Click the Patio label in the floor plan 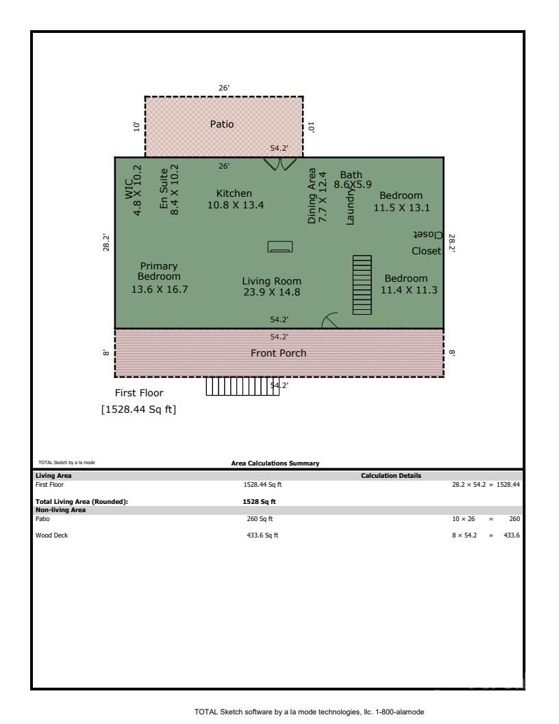click(221, 124)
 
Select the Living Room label click(271, 287)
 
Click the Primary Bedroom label click(159, 278)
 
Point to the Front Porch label click(278, 353)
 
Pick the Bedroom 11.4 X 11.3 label click(408, 284)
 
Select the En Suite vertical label click(169, 190)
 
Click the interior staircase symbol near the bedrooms click(362, 285)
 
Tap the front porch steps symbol click(243, 387)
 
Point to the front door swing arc click(330, 320)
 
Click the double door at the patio click(280, 165)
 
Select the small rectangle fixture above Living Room click(280, 247)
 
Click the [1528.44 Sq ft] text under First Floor click(138, 411)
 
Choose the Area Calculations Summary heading click(275, 463)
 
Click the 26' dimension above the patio click(223, 88)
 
